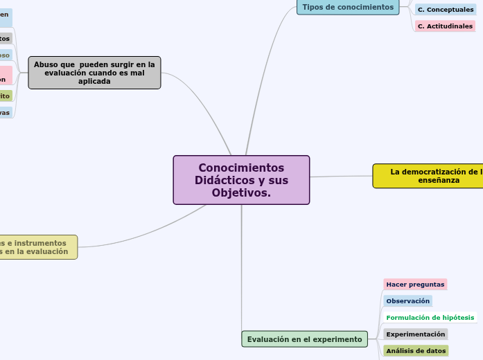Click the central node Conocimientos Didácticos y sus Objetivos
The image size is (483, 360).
241,179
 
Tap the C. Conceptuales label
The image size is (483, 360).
446,10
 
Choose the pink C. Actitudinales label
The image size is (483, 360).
445,26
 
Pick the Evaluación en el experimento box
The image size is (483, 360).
304,339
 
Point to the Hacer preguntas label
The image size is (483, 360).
415,285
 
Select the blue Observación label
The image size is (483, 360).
407,301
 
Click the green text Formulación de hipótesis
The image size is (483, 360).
430,318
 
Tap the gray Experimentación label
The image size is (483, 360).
415,334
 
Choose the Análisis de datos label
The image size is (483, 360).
416,351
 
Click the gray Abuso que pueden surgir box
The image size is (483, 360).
94,73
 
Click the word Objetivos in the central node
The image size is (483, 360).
241,192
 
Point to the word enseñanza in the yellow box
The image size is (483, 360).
439,180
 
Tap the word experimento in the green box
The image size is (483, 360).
339,339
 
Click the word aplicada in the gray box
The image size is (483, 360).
94,81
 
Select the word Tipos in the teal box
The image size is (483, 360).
313,7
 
